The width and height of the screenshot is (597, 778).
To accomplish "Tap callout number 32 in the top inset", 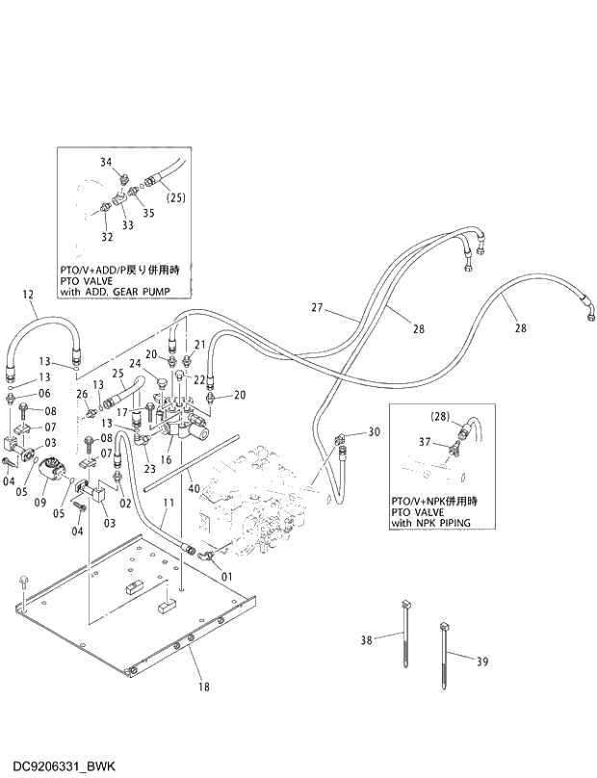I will coord(106,236).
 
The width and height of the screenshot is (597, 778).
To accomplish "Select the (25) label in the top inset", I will coord(175,198).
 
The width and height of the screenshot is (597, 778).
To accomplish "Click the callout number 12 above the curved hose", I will coord(27,294).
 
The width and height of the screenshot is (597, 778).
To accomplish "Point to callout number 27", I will coord(317,308).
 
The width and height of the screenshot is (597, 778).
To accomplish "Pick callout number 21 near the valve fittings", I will coord(200,344).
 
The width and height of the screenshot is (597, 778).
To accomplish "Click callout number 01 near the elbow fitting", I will coord(227,577).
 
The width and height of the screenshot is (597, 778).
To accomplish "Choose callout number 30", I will coord(375,431).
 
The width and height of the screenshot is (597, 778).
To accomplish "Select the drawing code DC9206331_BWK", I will coord(60,765).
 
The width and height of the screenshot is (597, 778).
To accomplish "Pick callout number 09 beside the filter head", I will coord(41,502).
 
